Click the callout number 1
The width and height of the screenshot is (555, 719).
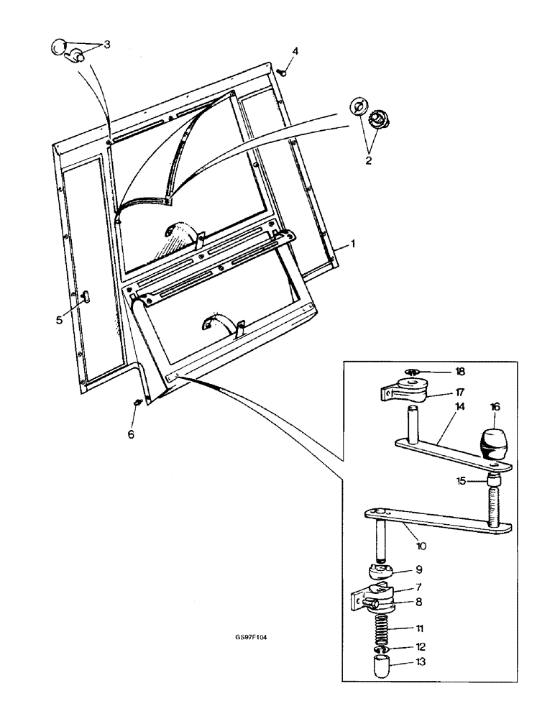click(x=353, y=245)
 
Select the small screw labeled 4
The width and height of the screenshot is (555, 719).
click(x=283, y=72)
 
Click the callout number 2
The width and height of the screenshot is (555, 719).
click(x=368, y=160)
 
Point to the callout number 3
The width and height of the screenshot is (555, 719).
click(x=106, y=45)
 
